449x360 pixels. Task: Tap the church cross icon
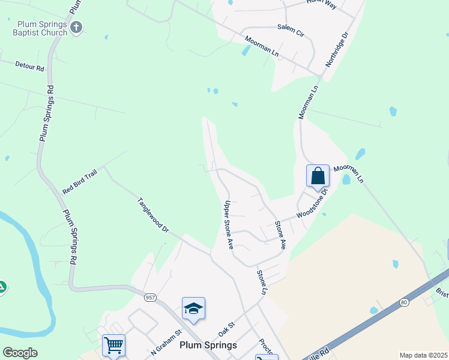click(76, 27)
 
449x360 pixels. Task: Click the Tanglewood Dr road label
click(153, 215)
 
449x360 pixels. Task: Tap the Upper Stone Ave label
click(228, 225)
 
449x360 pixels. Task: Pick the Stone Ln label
click(262, 282)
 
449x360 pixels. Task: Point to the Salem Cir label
click(291, 28)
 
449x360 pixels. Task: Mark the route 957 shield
click(149, 297)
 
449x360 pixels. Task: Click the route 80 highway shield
click(404, 302)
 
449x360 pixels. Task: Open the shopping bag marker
click(318, 176)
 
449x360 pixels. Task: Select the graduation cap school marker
click(193, 309)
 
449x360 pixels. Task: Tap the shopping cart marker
click(113, 346)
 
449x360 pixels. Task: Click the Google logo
click(20, 353)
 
